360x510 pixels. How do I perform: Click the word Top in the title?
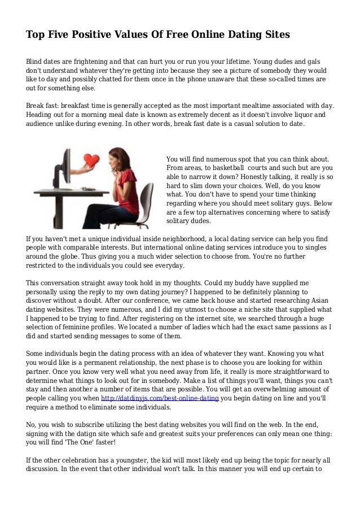pos(36,35)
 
